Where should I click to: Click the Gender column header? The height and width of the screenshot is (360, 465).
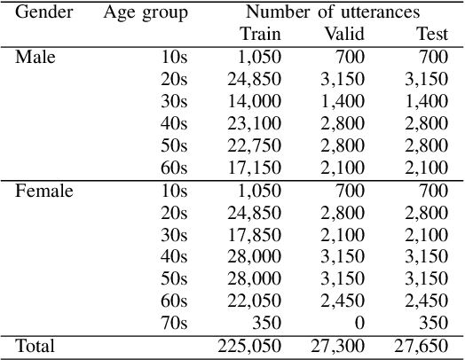click(x=44, y=13)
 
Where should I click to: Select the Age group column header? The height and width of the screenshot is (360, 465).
click(x=146, y=13)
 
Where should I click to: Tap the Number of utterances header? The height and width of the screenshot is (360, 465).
click(x=333, y=13)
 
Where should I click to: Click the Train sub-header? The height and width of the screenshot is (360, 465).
click(x=260, y=35)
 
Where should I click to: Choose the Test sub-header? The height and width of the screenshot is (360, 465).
click(x=431, y=35)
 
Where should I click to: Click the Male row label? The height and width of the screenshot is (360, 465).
click(x=35, y=58)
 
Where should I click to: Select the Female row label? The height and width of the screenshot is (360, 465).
click(x=43, y=191)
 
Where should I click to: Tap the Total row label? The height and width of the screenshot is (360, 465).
click(x=35, y=346)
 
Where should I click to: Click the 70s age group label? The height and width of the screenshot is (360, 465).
click(x=174, y=323)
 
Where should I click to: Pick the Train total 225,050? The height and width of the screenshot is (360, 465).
click(x=249, y=346)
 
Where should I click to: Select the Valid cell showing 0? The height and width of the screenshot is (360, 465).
click(x=359, y=323)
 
